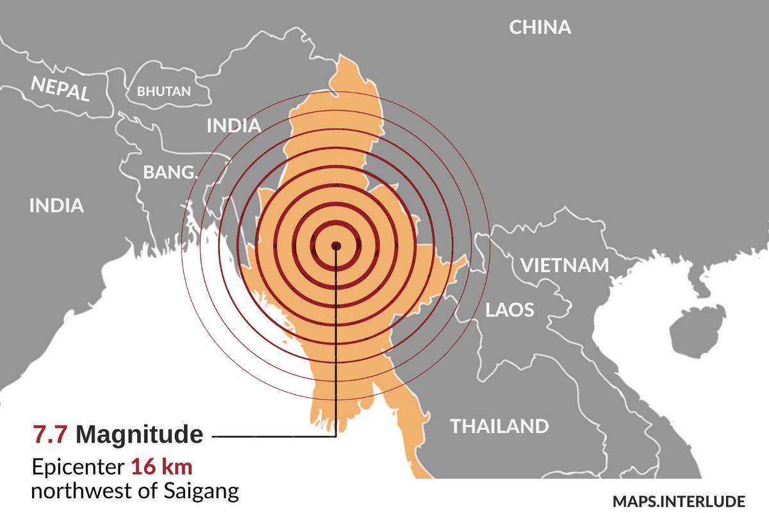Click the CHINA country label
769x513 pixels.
[540, 28]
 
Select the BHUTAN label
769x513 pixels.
[164, 92]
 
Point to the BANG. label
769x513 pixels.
[170, 172]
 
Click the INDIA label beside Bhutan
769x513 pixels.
[234, 126]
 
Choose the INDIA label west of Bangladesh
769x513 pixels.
[56, 206]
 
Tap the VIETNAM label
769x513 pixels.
[564, 265]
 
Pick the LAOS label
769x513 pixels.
[509, 311]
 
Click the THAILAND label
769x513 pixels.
[499, 426]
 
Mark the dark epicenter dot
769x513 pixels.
[336, 245]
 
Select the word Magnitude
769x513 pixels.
[139, 435]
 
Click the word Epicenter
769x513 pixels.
[78, 468]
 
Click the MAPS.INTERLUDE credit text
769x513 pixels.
[679, 500]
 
